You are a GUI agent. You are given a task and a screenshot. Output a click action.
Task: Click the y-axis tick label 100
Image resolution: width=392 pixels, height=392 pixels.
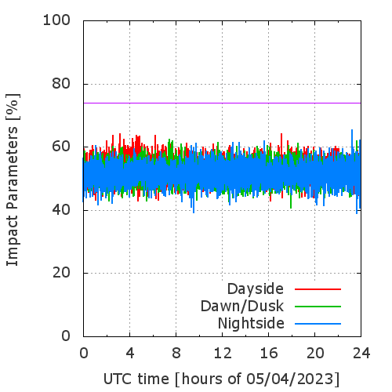point(56,20)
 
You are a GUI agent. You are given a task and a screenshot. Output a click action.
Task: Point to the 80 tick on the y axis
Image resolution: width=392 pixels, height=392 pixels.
point(61,84)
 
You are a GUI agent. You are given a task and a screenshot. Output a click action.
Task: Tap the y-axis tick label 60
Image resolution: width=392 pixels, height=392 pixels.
point(61,147)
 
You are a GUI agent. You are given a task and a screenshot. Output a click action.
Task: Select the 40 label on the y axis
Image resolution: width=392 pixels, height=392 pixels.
point(61,210)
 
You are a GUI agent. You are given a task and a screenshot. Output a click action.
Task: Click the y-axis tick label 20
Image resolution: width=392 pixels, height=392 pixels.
point(61,273)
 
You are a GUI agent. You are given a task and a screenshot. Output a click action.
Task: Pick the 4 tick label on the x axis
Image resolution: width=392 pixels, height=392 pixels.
point(130,354)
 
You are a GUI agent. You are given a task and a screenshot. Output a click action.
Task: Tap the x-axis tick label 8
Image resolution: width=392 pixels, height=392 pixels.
point(176,354)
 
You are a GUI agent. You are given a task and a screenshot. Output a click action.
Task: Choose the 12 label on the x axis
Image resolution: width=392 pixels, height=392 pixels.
point(223,354)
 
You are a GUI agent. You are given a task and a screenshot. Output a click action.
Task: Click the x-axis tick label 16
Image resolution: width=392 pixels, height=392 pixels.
point(269,354)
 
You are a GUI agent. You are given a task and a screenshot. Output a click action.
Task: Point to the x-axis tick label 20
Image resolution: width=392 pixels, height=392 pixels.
point(315,354)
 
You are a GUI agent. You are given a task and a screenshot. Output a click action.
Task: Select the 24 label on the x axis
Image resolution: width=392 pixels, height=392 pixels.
point(361,354)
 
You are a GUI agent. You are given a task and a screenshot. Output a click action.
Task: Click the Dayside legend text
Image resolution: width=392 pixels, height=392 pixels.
point(256,289)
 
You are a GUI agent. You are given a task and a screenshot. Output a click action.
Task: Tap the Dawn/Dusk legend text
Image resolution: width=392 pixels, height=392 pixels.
point(242,307)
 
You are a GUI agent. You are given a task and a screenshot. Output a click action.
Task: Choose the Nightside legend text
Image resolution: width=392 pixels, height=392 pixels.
point(251,324)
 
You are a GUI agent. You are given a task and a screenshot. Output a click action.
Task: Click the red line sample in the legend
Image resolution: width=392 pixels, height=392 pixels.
point(318,289)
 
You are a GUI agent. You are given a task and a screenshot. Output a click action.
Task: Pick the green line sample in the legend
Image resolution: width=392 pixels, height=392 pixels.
point(318,307)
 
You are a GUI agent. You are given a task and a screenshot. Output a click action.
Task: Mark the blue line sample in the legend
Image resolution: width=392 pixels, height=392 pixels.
point(318,324)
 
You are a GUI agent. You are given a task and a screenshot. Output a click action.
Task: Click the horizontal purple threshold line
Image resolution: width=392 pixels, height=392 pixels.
point(222,103)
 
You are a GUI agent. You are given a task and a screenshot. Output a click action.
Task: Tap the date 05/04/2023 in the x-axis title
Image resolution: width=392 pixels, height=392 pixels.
point(290,379)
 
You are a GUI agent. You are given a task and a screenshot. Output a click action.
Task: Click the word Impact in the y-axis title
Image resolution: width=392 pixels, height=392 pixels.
point(13,241)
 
